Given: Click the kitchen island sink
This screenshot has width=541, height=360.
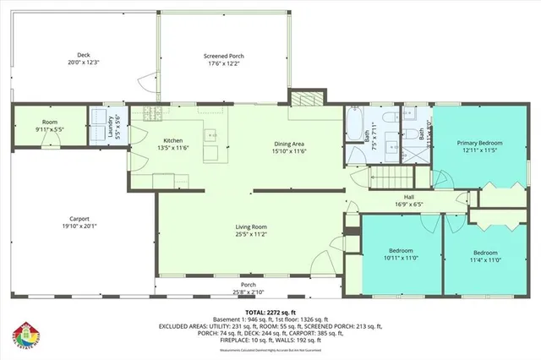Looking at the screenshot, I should (212, 135).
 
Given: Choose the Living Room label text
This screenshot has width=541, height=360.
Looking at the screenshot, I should (251, 226).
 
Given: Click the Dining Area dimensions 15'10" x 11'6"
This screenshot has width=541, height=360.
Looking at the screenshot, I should (288, 151).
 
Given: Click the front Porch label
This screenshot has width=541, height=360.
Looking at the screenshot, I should (248, 285).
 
